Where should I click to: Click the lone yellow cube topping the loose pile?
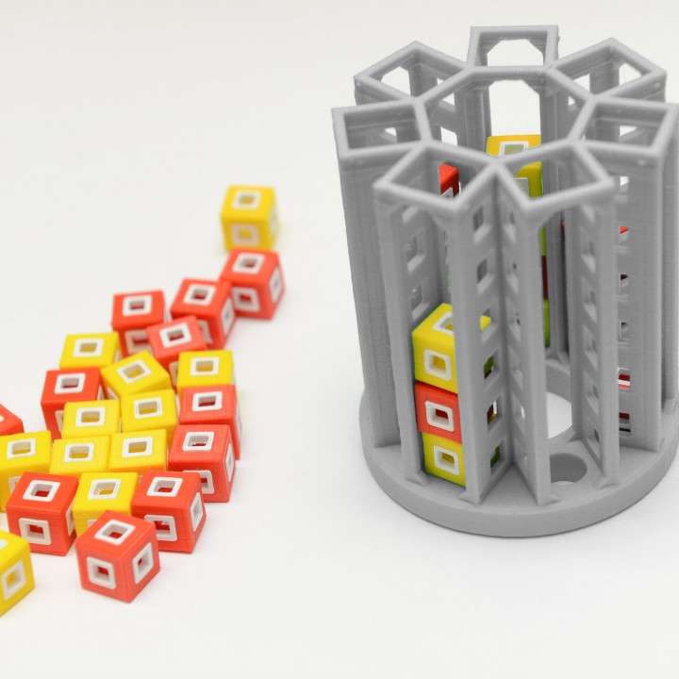[249, 217]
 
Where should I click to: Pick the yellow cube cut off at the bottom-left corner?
[13, 570]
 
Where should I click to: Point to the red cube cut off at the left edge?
[8, 422]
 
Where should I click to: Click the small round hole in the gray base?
[566, 467]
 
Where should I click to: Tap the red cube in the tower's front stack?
[439, 413]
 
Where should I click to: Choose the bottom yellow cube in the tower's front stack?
[444, 458]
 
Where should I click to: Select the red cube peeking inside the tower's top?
[449, 178]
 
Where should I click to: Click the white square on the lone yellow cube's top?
[247, 200]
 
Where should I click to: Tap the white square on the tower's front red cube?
[439, 414]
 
